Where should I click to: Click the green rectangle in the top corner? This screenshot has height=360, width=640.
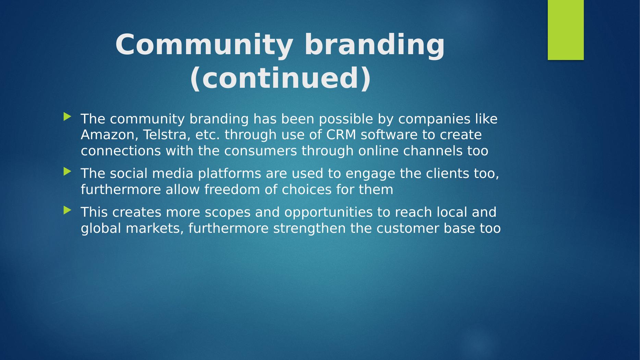[x=566, y=30]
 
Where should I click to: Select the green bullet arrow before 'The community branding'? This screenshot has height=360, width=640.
[x=68, y=117]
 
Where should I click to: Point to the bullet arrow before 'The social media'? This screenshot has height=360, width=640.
[x=68, y=171]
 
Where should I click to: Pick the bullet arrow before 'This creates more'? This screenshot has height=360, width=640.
[x=68, y=210]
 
